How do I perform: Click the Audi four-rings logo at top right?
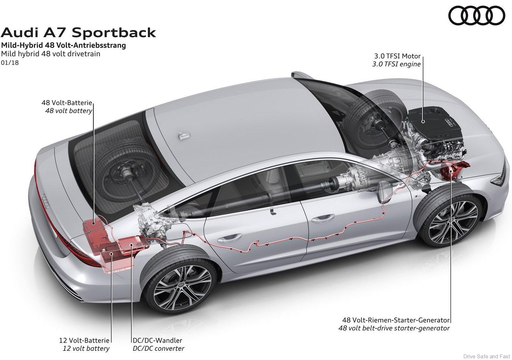(476, 16)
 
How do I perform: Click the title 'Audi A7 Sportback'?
(78, 33)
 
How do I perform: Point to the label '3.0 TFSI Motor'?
(396, 56)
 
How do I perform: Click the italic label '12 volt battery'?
(86, 348)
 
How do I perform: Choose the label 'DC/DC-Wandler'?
(157, 341)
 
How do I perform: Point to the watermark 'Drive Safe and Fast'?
(486, 356)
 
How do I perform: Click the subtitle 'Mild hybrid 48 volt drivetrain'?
(51, 54)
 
